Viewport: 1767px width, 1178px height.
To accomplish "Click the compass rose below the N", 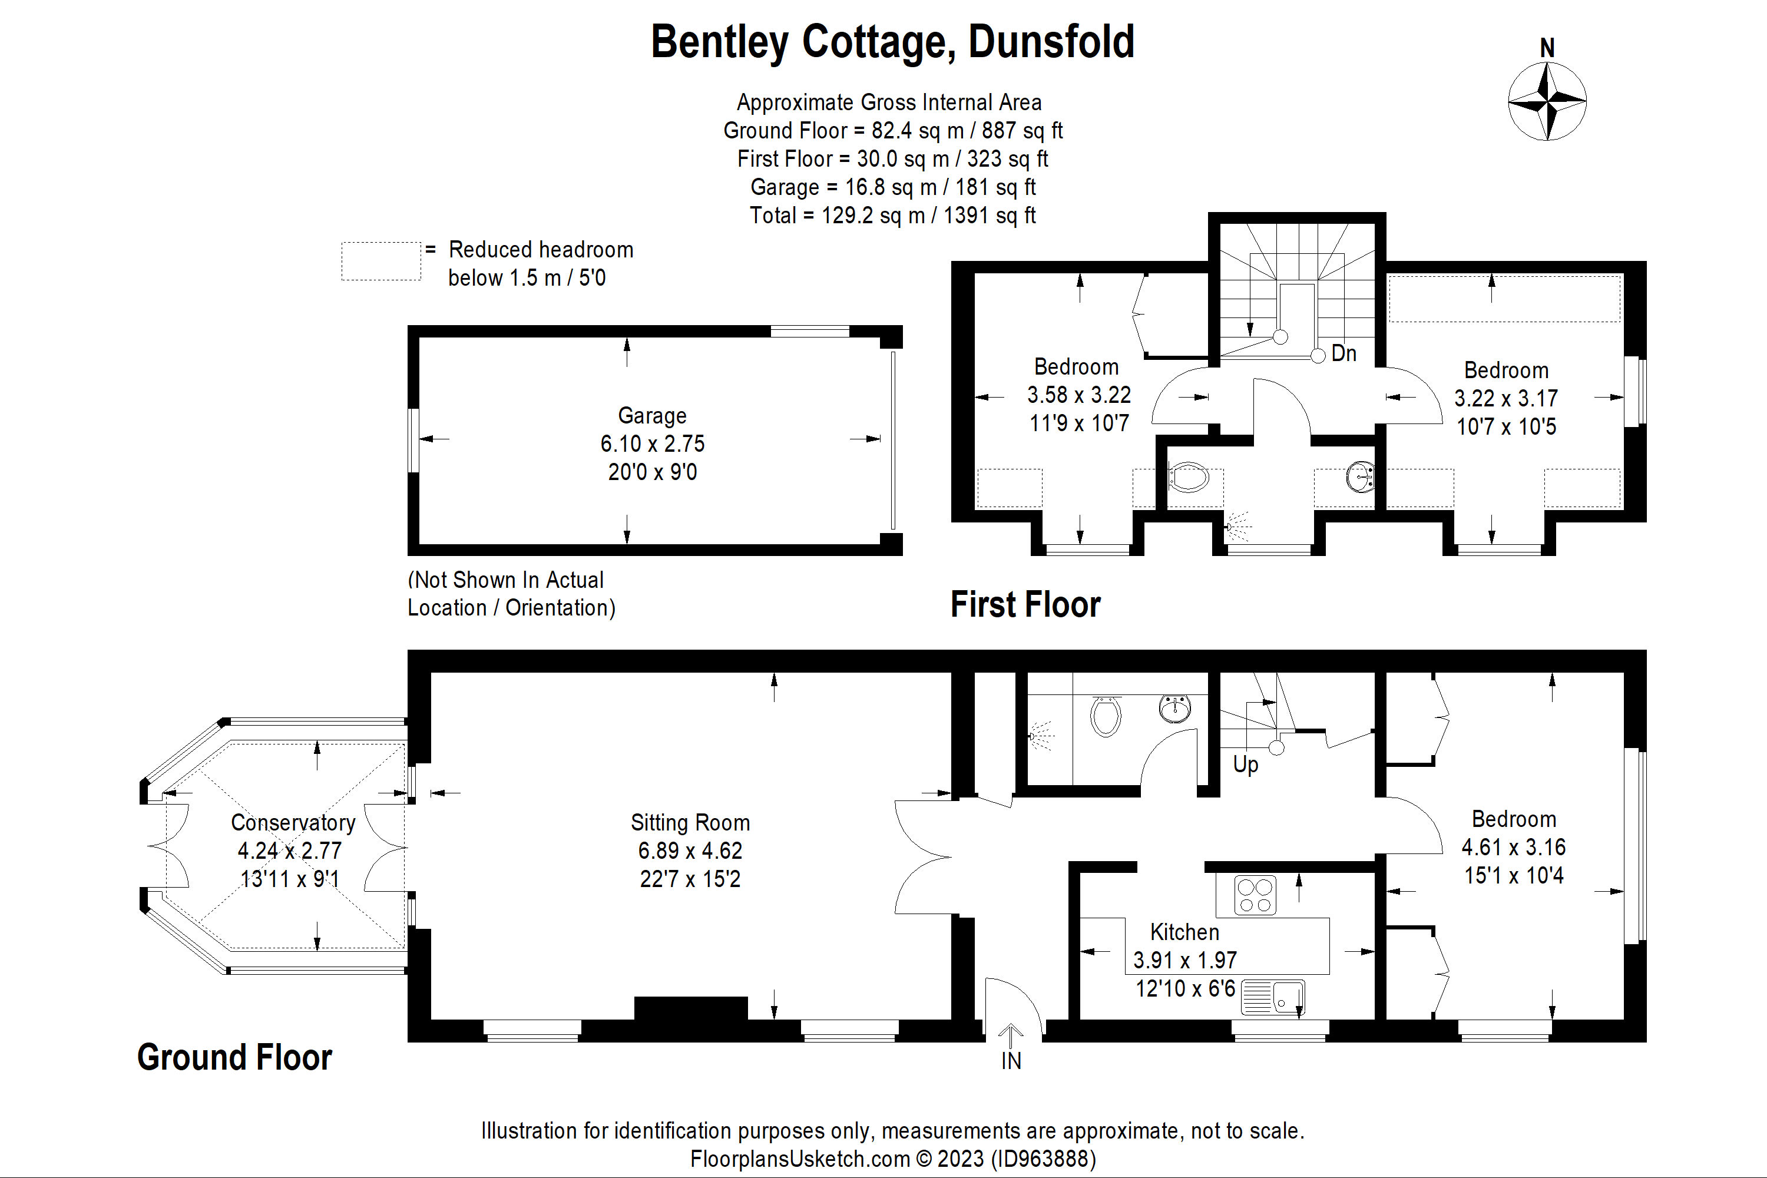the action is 1546,101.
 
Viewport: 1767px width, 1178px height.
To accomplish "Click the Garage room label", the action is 651,415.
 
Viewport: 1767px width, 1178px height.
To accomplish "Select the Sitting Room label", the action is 690,823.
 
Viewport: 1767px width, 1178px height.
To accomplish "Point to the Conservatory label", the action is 292,823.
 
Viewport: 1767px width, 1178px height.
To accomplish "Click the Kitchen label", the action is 1184,932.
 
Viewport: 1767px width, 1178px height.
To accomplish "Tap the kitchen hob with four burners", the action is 1254,895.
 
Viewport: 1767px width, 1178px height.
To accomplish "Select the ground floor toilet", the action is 1105,716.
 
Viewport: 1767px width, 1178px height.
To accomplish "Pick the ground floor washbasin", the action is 1174,709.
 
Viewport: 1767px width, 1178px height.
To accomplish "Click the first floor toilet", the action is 1188,477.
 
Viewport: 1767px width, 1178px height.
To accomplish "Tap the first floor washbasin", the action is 1361,477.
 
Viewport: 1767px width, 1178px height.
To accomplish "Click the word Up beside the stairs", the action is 1245,765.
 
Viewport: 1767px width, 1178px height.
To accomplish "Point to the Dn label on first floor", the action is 1344,353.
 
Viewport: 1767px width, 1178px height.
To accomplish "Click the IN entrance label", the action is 1011,1061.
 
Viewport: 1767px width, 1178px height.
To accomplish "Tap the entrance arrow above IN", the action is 1011,1035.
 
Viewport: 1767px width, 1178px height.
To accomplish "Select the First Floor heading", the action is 1025,605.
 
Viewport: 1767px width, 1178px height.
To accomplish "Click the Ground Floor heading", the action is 234,1057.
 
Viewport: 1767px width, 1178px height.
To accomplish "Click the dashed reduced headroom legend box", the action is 381,262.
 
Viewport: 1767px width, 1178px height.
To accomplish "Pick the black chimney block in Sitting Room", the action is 690,1009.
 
